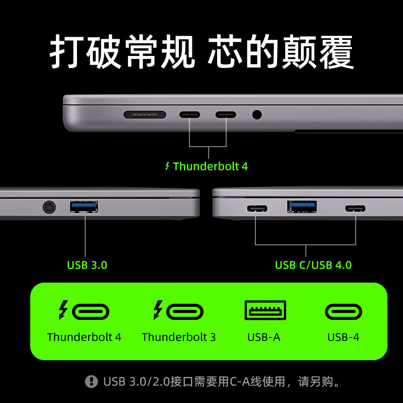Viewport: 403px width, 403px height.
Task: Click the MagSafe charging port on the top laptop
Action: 145,114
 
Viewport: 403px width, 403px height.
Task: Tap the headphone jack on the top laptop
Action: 257,114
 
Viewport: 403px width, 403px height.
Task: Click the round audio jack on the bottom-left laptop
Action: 49,206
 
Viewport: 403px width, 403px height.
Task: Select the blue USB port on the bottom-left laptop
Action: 84,207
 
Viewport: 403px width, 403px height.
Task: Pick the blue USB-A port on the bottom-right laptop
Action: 302,207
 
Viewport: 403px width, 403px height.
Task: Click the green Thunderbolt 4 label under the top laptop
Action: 211,166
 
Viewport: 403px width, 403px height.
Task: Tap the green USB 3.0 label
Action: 87,265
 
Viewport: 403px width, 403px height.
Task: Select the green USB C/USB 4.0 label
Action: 313,265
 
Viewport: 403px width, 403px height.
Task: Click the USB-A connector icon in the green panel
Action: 265,310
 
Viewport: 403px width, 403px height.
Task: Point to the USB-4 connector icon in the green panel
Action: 344,312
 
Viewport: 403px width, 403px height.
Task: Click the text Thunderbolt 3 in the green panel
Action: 179,337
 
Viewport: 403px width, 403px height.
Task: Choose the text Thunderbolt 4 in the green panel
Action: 84,337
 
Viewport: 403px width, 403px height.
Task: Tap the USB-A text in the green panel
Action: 263,337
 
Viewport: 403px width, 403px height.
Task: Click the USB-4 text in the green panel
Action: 344,337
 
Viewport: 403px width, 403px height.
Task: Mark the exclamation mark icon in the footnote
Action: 91,381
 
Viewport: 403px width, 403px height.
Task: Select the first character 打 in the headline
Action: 66,52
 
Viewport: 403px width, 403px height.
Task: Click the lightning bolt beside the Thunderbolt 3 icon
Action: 158,310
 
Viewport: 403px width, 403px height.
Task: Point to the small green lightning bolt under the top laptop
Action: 168,166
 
